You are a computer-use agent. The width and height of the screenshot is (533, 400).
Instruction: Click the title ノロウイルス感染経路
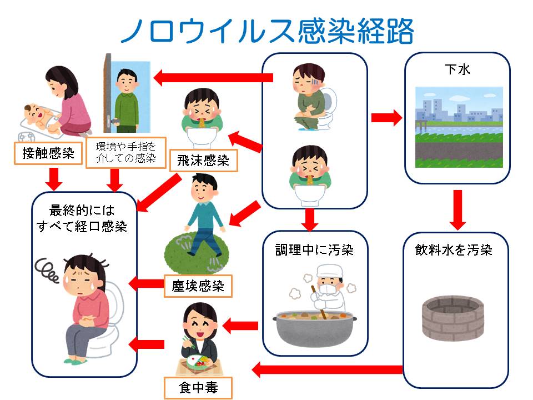pos(266,31)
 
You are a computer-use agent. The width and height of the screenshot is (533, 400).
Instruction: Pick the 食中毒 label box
pos(198,388)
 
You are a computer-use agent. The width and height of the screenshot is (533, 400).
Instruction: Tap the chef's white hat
pos(327,273)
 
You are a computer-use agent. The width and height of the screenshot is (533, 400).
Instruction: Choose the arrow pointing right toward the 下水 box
pos(386,118)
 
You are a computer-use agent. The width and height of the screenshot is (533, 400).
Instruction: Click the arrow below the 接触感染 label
pos(53,178)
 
